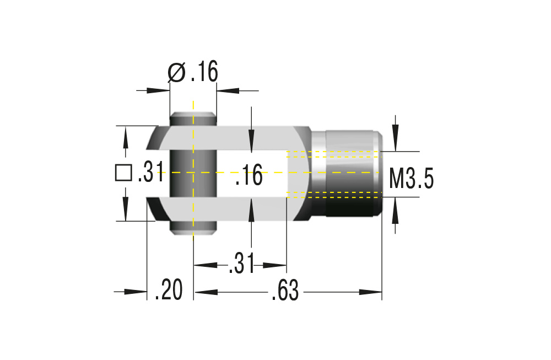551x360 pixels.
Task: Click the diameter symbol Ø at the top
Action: (x=177, y=72)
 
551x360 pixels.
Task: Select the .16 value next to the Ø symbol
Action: (x=205, y=72)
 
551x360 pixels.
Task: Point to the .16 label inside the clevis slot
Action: (x=249, y=178)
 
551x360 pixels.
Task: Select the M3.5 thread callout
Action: (x=411, y=179)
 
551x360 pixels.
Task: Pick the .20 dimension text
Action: (x=168, y=291)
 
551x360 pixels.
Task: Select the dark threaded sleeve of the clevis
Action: (x=353, y=173)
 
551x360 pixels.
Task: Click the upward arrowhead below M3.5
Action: (x=395, y=204)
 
